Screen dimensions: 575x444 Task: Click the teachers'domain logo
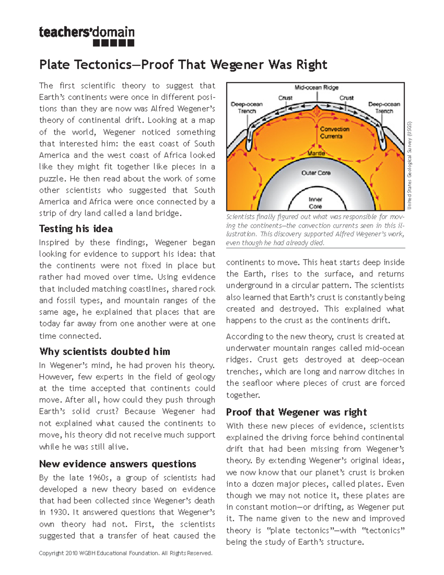(x=87, y=36)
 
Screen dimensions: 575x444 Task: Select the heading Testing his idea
(x=76, y=229)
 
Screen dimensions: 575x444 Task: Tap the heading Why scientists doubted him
(x=105, y=351)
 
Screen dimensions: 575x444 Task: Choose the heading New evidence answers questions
(x=118, y=464)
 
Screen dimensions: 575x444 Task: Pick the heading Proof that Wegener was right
(x=296, y=412)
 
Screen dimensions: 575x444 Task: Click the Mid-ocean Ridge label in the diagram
(x=316, y=88)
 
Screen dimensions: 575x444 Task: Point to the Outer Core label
(x=316, y=173)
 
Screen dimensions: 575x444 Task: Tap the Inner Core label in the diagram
(x=315, y=203)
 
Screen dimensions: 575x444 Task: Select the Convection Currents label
(x=334, y=133)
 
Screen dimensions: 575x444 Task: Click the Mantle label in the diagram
(x=316, y=153)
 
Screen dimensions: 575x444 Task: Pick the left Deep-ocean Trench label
(x=246, y=107)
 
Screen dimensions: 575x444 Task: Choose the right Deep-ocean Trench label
(x=384, y=107)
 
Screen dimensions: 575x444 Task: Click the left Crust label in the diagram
(x=285, y=98)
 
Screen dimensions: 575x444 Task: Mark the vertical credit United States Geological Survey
(x=410, y=165)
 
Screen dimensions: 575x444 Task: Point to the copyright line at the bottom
(x=125, y=553)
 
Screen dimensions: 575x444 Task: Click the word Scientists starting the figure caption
(x=240, y=217)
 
